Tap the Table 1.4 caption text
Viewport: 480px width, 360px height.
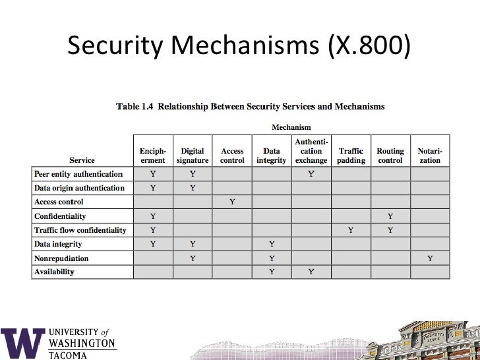[x=251, y=106]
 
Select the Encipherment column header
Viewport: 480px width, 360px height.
[x=153, y=156]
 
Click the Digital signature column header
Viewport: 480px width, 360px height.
[x=193, y=156]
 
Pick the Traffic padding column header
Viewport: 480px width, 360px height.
[x=351, y=156]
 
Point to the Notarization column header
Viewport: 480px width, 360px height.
[x=430, y=156]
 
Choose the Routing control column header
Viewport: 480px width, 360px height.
[x=390, y=156]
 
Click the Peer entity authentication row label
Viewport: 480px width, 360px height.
[x=78, y=174]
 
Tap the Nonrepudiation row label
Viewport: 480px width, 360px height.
[x=61, y=258]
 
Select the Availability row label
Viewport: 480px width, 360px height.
[x=54, y=272]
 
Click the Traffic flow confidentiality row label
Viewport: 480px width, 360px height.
[x=80, y=230]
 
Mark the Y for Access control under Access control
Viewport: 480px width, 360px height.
[x=232, y=202]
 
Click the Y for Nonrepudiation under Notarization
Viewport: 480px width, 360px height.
[x=430, y=258]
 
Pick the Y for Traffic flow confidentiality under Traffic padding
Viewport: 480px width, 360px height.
[x=351, y=230]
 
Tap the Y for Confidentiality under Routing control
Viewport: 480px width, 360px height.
[x=390, y=216]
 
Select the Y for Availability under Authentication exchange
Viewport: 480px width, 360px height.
[x=311, y=272]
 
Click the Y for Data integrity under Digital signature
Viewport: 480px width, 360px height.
[x=193, y=244]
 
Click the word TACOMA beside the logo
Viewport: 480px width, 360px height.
[x=68, y=355]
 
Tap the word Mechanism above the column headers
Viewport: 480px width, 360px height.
[x=291, y=127]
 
